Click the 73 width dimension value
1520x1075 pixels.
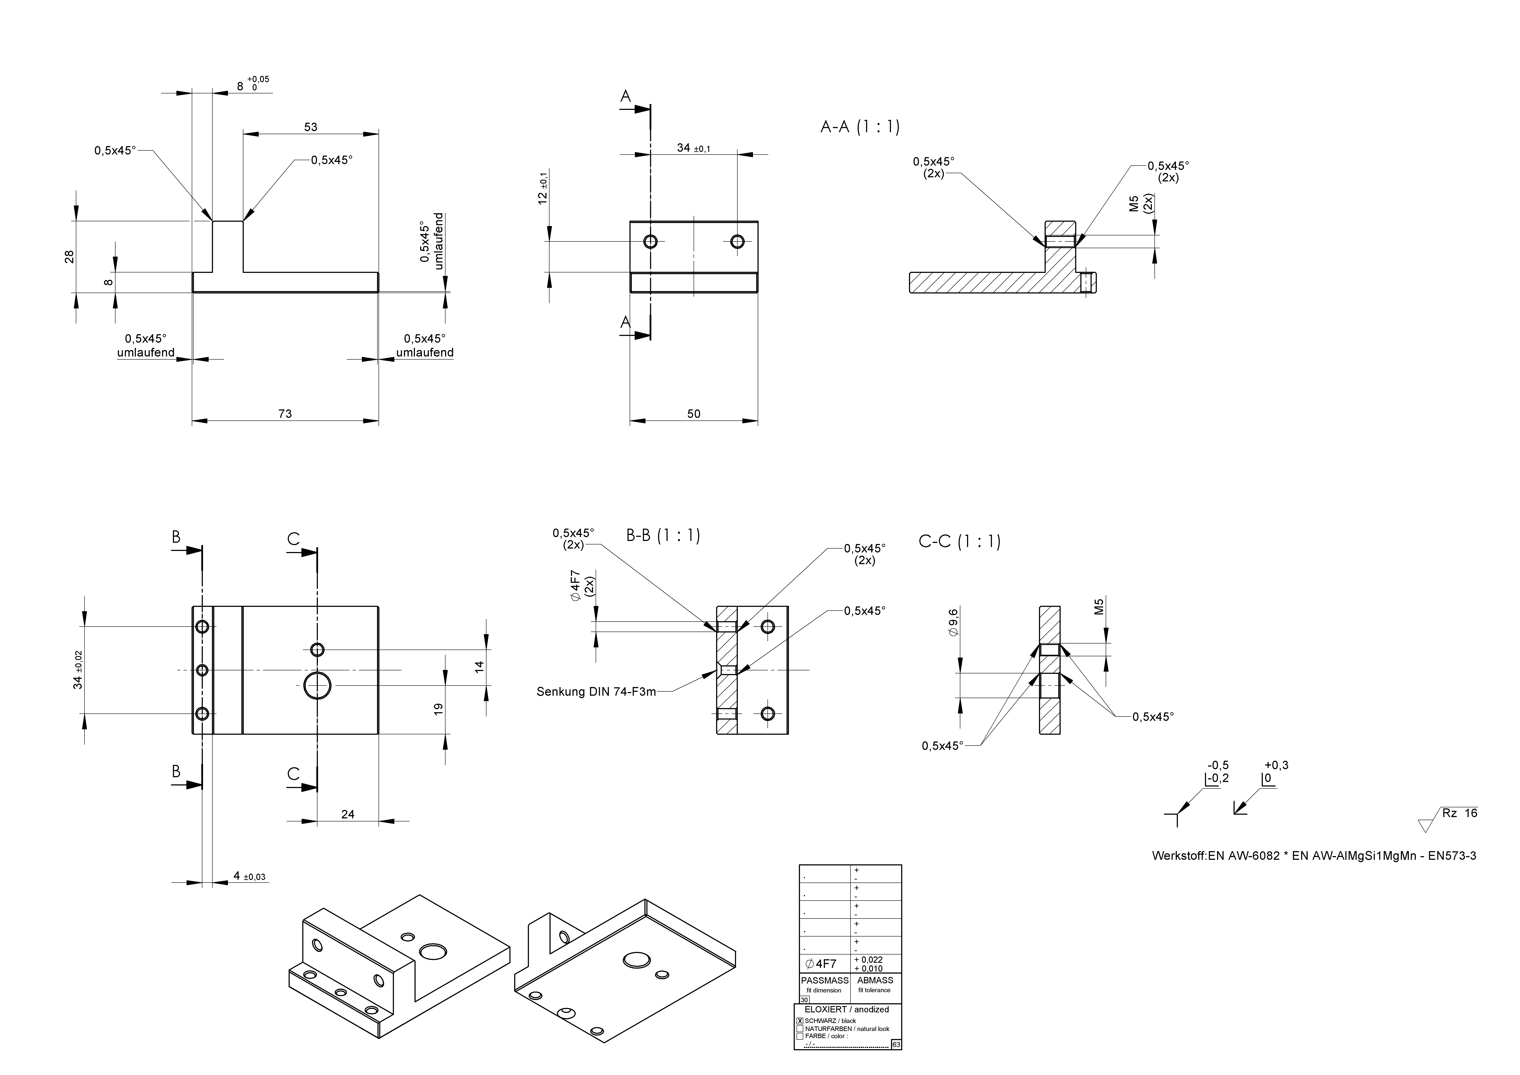tap(285, 414)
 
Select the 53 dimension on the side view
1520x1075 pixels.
tap(311, 127)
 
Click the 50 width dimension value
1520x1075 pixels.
tap(693, 414)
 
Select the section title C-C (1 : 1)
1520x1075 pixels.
tap(959, 542)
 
